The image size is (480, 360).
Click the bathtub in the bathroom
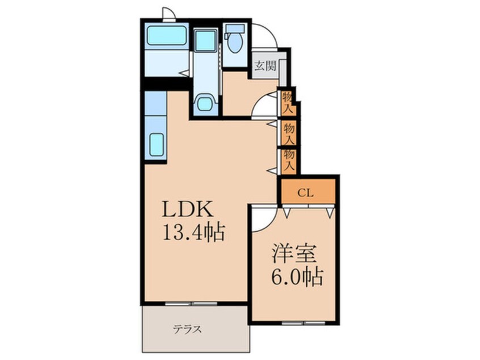tap(167, 36)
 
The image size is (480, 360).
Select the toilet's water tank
tap(235, 29)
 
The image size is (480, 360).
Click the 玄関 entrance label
tap(266, 65)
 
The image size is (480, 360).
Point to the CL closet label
tap(305, 193)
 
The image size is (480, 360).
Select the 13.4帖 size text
tap(194, 233)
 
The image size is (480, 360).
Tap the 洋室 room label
tap(294, 254)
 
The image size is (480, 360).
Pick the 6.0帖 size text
tap(297, 277)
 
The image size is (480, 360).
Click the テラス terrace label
tap(187, 330)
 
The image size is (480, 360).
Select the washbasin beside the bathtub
tap(205, 40)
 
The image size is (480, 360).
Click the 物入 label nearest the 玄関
tap(287, 103)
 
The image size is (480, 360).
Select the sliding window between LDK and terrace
tap(191, 304)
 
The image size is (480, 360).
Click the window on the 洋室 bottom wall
tap(303, 323)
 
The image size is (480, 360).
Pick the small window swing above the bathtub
tap(169, 14)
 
